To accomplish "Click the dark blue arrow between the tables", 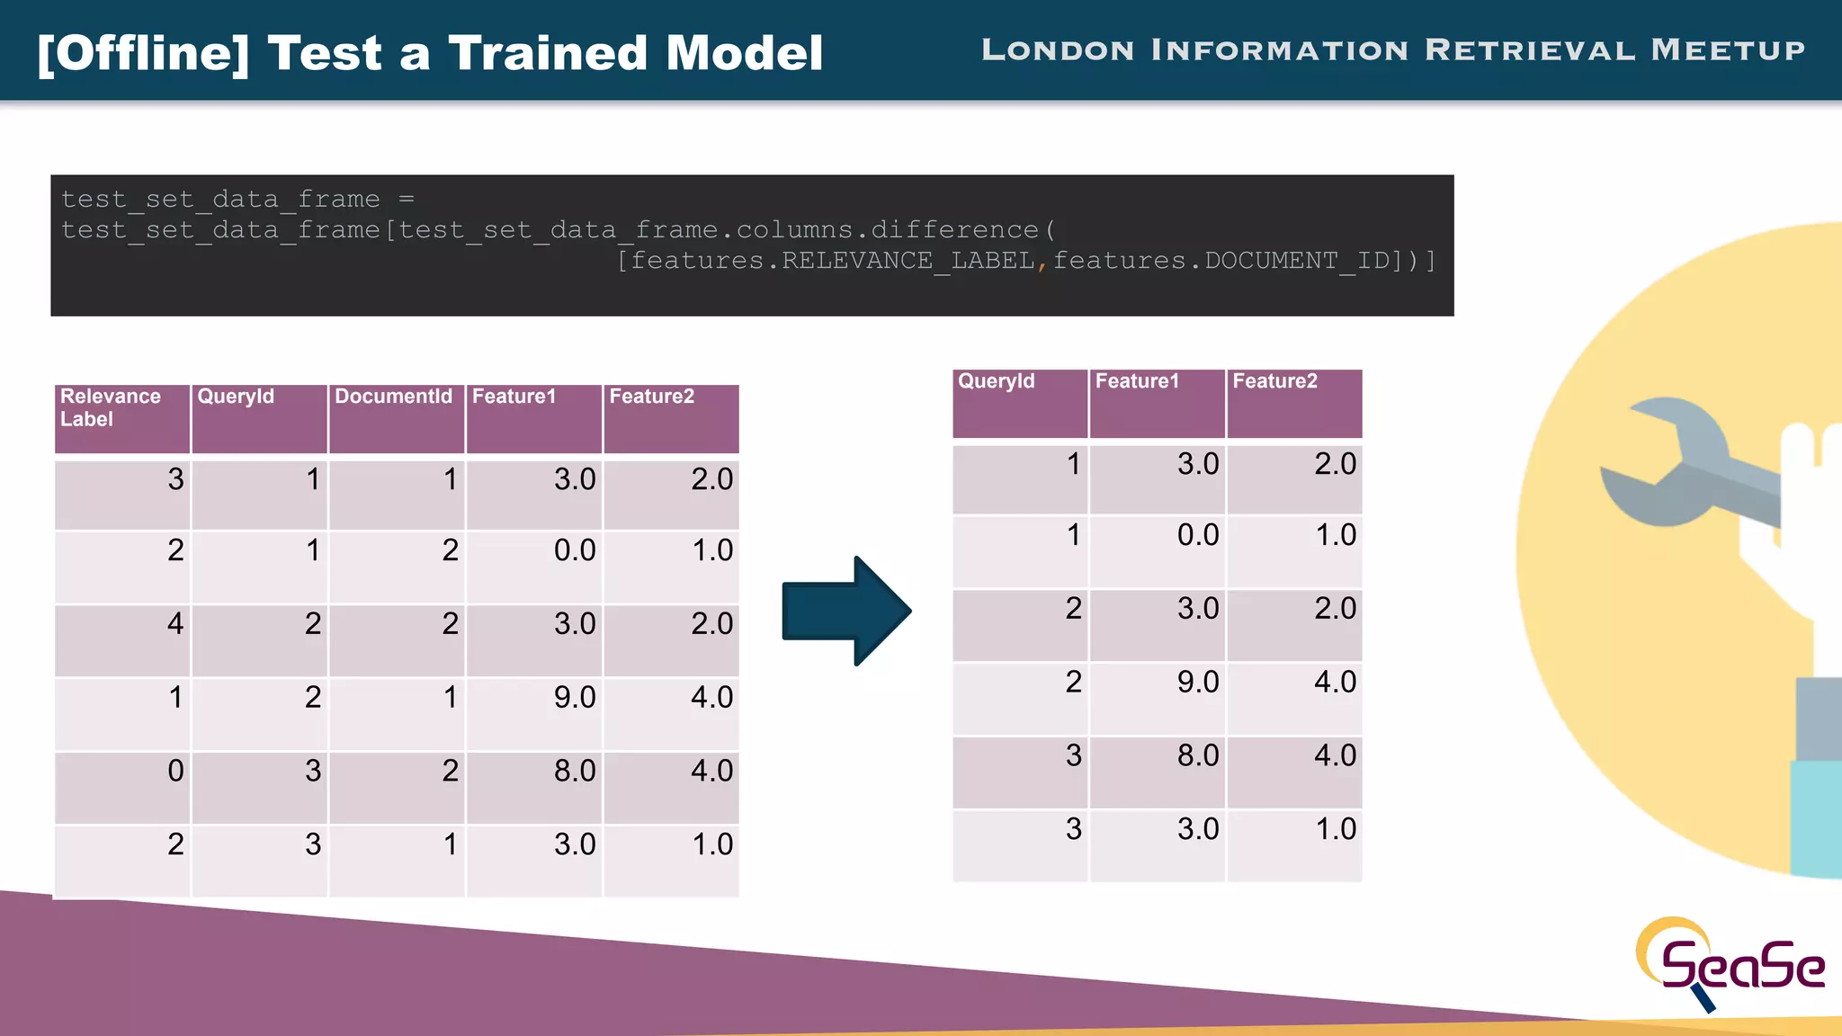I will coord(845,612).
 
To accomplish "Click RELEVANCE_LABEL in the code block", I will coord(908,261).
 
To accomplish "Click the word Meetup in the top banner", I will coord(1728,50).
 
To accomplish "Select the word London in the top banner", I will coord(1058,50).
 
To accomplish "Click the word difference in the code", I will coord(954,230).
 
